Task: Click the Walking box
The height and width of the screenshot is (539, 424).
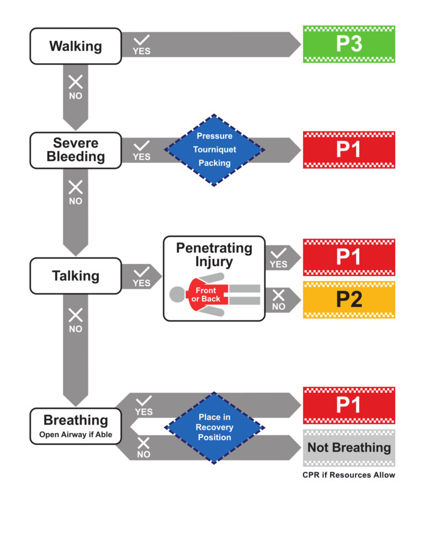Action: (76, 46)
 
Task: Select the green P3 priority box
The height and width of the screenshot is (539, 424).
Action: (349, 44)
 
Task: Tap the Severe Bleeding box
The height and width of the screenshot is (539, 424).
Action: (76, 150)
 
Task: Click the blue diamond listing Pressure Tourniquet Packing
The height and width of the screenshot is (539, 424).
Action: (215, 150)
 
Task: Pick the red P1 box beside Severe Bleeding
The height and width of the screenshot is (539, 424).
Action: (349, 150)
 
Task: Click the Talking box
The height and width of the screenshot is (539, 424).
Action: (76, 276)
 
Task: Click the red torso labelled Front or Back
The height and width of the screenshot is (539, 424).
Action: (206, 294)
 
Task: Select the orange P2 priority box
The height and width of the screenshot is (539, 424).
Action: (349, 299)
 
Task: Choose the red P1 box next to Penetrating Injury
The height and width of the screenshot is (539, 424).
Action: (349, 257)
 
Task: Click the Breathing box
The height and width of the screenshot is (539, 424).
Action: (76, 425)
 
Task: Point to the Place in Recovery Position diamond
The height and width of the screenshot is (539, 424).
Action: (215, 427)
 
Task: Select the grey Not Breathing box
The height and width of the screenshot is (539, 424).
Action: (349, 447)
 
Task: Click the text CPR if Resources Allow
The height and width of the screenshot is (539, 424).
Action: (349, 475)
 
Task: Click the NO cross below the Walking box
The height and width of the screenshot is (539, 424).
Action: (76, 83)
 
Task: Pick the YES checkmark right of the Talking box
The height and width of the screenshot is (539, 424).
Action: (142, 272)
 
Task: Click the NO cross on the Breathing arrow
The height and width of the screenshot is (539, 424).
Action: (144, 443)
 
